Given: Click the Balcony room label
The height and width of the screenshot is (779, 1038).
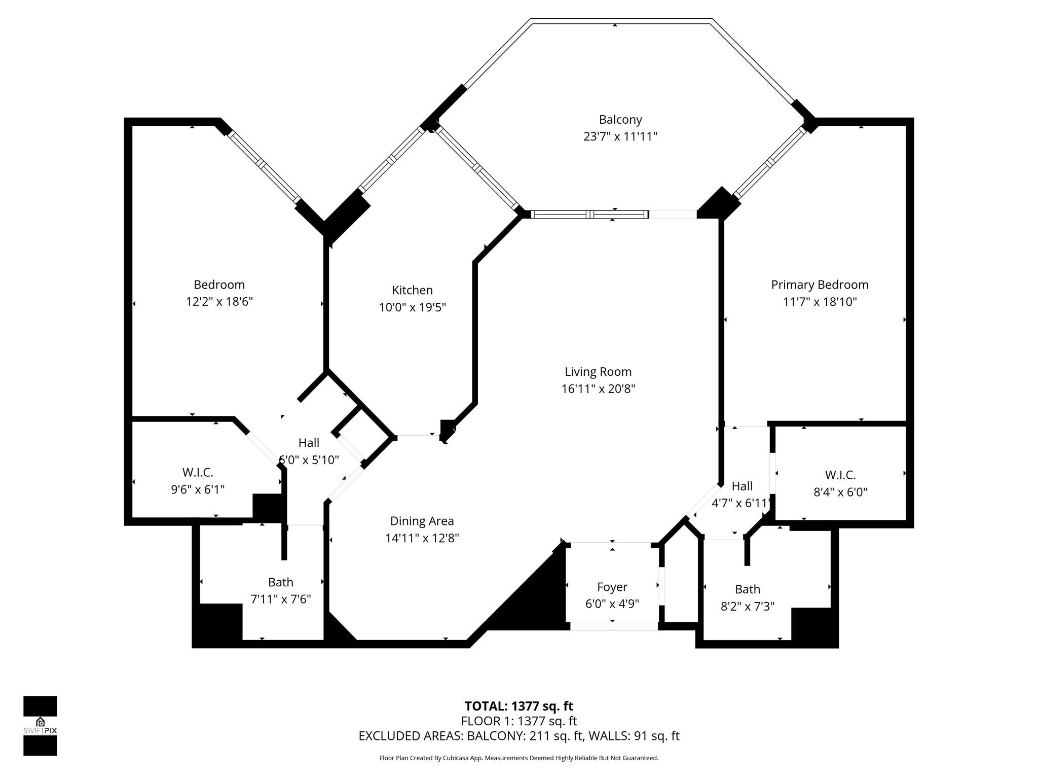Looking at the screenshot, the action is (620, 120).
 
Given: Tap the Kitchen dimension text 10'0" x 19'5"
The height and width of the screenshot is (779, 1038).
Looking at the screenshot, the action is (413, 307).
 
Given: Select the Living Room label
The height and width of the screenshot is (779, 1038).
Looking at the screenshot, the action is (598, 372).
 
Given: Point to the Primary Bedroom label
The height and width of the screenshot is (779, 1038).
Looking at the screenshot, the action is (820, 285).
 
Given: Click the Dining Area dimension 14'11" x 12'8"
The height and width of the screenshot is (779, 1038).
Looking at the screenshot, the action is (422, 538).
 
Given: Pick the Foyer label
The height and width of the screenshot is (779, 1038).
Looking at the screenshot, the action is (612, 587).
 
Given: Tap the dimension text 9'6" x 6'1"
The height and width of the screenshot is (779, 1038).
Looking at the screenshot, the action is (198, 489).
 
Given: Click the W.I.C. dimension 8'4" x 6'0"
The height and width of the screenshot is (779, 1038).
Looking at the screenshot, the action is (840, 492).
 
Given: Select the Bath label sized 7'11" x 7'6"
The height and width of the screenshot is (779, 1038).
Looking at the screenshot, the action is (281, 582).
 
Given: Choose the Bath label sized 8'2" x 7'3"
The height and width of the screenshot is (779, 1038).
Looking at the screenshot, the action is (748, 589).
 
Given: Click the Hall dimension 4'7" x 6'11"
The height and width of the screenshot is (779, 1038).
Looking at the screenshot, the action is (741, 504).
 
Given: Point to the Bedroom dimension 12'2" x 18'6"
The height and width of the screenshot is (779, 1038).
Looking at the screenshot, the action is (219, 302).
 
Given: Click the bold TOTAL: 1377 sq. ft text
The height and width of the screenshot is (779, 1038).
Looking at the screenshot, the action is (519, 706).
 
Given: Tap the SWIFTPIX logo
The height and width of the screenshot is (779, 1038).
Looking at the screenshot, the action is (40, 726).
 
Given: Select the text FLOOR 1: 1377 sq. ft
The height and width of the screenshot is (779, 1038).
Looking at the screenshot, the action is (519, 721).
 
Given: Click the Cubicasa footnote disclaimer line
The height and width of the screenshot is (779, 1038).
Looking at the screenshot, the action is (519, 758).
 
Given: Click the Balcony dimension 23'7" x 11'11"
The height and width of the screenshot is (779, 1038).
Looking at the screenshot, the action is (620, 136).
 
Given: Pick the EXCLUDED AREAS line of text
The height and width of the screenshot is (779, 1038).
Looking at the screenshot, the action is (519, 736).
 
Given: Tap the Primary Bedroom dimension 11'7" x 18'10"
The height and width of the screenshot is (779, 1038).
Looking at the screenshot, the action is (820, 302).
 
